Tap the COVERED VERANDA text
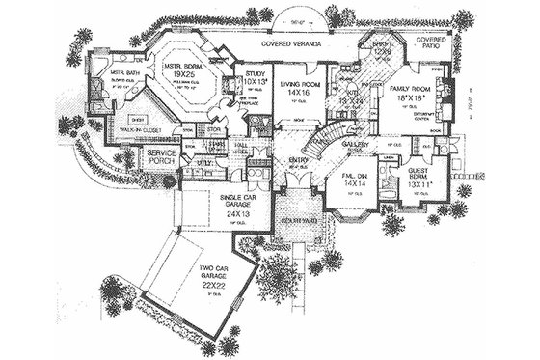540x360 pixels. point(301,45)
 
